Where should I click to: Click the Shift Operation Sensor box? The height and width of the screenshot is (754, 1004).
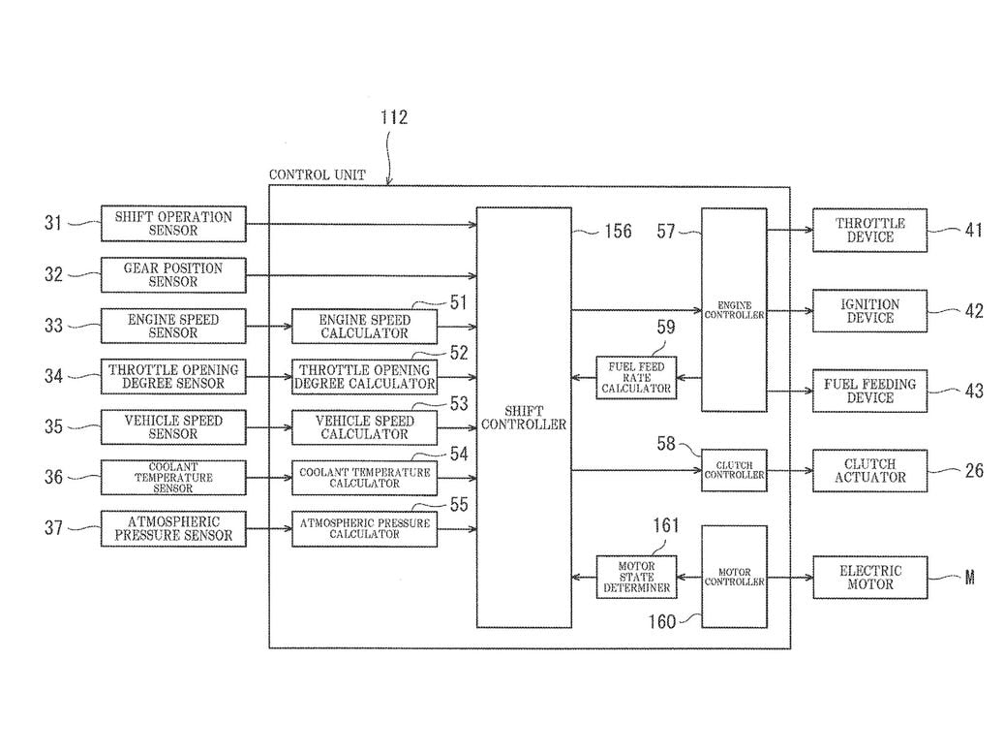pos(173,224)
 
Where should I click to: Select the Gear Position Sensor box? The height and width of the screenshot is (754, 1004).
pos(173,274)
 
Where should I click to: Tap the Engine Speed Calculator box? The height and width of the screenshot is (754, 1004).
pos(364,327)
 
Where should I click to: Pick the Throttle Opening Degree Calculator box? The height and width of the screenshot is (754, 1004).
pos(364,377)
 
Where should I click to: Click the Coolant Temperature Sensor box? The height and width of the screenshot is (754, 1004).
pos(173,477)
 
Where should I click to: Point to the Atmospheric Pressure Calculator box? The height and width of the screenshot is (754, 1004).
pos(364,528)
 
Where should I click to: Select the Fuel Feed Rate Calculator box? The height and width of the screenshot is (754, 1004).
pos(636,377)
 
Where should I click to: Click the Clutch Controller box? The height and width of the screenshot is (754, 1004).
pos(734,469)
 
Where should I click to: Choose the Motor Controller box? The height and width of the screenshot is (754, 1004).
pos(734,578)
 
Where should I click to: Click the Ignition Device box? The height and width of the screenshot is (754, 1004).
pos(869,311)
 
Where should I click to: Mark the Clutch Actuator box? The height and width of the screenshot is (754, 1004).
pos(869,470)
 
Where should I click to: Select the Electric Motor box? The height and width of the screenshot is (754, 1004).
pos(869,578)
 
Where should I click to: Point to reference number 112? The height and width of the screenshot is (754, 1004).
pos(394,117)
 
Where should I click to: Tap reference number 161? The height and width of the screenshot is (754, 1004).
pos(666,526)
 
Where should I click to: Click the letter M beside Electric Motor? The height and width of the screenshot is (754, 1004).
pos(969,578)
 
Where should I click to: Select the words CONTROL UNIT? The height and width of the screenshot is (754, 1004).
pos(318,175)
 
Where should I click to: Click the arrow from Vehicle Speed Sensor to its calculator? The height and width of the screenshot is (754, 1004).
pos(268,427)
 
